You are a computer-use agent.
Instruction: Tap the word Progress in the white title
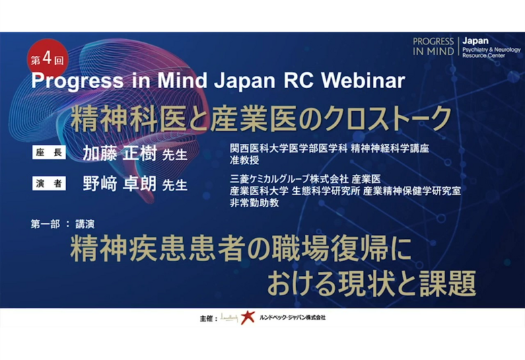(x=77, y=81)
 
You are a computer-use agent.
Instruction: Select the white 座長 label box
(x=49, y=153)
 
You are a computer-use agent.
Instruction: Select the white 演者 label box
(x=49, y=184)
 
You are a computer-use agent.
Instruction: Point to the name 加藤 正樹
(x=120, y=153)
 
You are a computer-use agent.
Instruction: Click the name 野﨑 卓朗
(x=120, y=184)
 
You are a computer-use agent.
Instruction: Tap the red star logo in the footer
(x=248, y=317)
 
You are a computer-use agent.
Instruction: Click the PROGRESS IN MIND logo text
(x=433, y=46)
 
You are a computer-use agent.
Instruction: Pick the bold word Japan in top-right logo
(x=475, y=41)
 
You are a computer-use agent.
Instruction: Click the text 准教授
(x=244, y=160)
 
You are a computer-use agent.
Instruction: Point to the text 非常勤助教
(x=254, y=203)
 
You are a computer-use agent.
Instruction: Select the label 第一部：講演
(x=63, y=223)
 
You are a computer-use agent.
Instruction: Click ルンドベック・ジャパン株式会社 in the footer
(x=292, y=317)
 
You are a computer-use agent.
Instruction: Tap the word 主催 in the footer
(x=206, y=318)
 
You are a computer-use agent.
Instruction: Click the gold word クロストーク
(x=388, y=118)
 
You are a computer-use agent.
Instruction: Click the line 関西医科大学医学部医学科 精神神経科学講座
(x=329, y=148)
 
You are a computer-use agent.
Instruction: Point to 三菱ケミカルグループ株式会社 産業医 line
(x=306, y=179)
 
